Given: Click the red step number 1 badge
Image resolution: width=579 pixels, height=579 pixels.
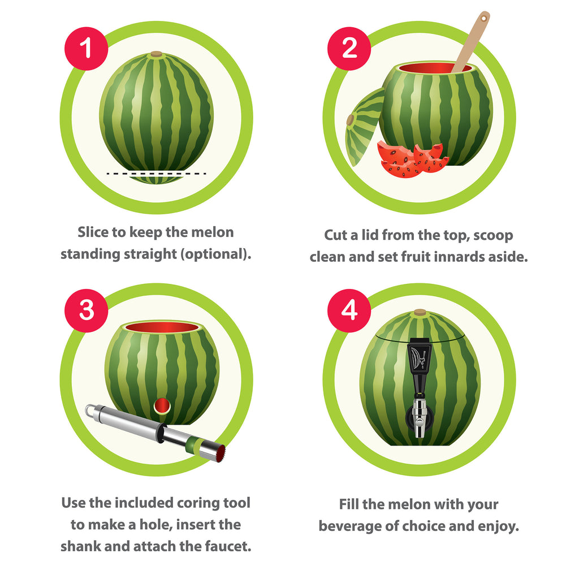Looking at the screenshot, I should [87, 49].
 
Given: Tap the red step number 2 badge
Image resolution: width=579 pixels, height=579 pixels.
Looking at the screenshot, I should [349, 49].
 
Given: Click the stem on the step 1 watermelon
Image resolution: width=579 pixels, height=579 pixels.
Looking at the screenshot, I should [156, 54].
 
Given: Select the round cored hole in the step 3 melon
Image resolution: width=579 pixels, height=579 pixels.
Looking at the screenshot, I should [162, 405].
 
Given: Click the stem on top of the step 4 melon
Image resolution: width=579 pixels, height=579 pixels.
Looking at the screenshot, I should [420, 312].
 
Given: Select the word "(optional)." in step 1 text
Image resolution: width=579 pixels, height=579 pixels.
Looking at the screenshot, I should [215, 254].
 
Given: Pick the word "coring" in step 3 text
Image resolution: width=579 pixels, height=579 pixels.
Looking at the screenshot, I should [188, 503].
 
